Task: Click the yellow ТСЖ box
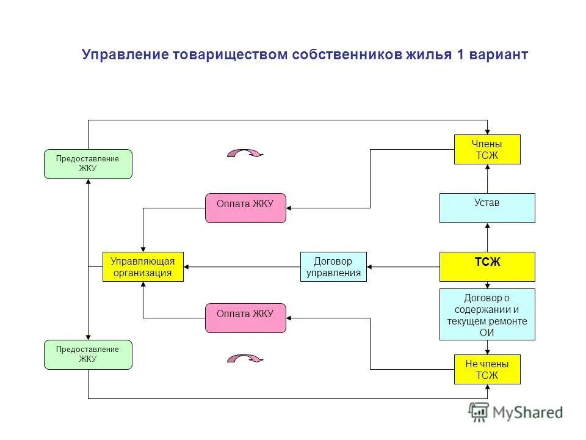tap(487, 266)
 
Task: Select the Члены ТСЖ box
tap(487, 149)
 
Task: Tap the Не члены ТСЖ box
tap(487, 369)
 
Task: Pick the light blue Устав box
tap(487, 208)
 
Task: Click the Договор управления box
tap(333, 266)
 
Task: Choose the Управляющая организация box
tap(143, 266)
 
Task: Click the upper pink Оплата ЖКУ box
tap(245, 208)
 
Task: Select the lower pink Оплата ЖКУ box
tap(245, 318)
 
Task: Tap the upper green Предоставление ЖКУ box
tap(88, 164)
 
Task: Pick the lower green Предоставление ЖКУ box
tap(88, 354)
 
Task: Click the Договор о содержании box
tap(487, 314)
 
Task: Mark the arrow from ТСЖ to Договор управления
tap(403, 267)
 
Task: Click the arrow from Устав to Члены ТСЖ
tap(487, 178)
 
